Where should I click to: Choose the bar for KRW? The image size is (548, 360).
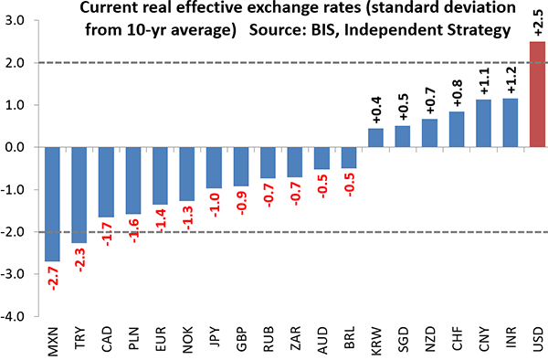(376, 138)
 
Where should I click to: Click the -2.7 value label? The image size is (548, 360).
(53, 279)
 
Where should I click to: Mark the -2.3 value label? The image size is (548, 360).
(80, 263)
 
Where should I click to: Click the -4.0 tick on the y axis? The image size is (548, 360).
(16, 318)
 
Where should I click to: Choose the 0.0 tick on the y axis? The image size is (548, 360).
(17, 147)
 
